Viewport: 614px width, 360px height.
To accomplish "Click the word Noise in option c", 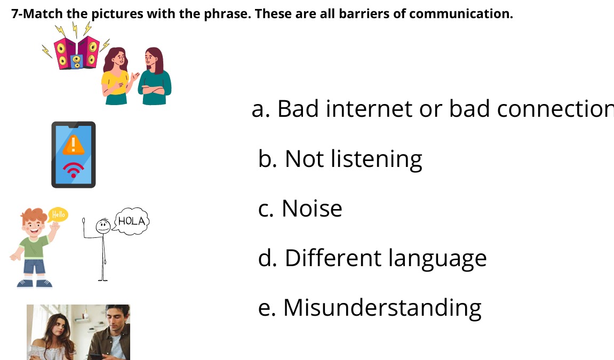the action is click(x=312, y=208).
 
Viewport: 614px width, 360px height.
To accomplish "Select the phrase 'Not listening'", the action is click(x=354, y=159).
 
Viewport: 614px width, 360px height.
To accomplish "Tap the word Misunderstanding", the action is click(x=382, y=308).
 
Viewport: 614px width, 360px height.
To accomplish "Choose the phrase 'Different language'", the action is click(x=386, y=259).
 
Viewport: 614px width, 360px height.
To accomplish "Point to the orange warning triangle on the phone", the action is click(x=73, y=145).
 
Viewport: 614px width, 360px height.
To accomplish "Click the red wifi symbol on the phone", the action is click(x=73, y=170).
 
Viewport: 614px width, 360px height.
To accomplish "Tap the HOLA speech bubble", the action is click(x=131, y=221).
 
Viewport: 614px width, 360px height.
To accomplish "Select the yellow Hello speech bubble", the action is click(x=58, y=214).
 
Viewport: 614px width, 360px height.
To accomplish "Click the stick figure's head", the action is click(x=103, y=226).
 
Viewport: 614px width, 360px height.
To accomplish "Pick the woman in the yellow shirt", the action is click(x=116, y=76).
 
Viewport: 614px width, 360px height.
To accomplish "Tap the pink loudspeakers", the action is click(x=77, y=53).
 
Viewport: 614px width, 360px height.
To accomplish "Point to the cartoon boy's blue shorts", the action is click(x=34, y=266).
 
